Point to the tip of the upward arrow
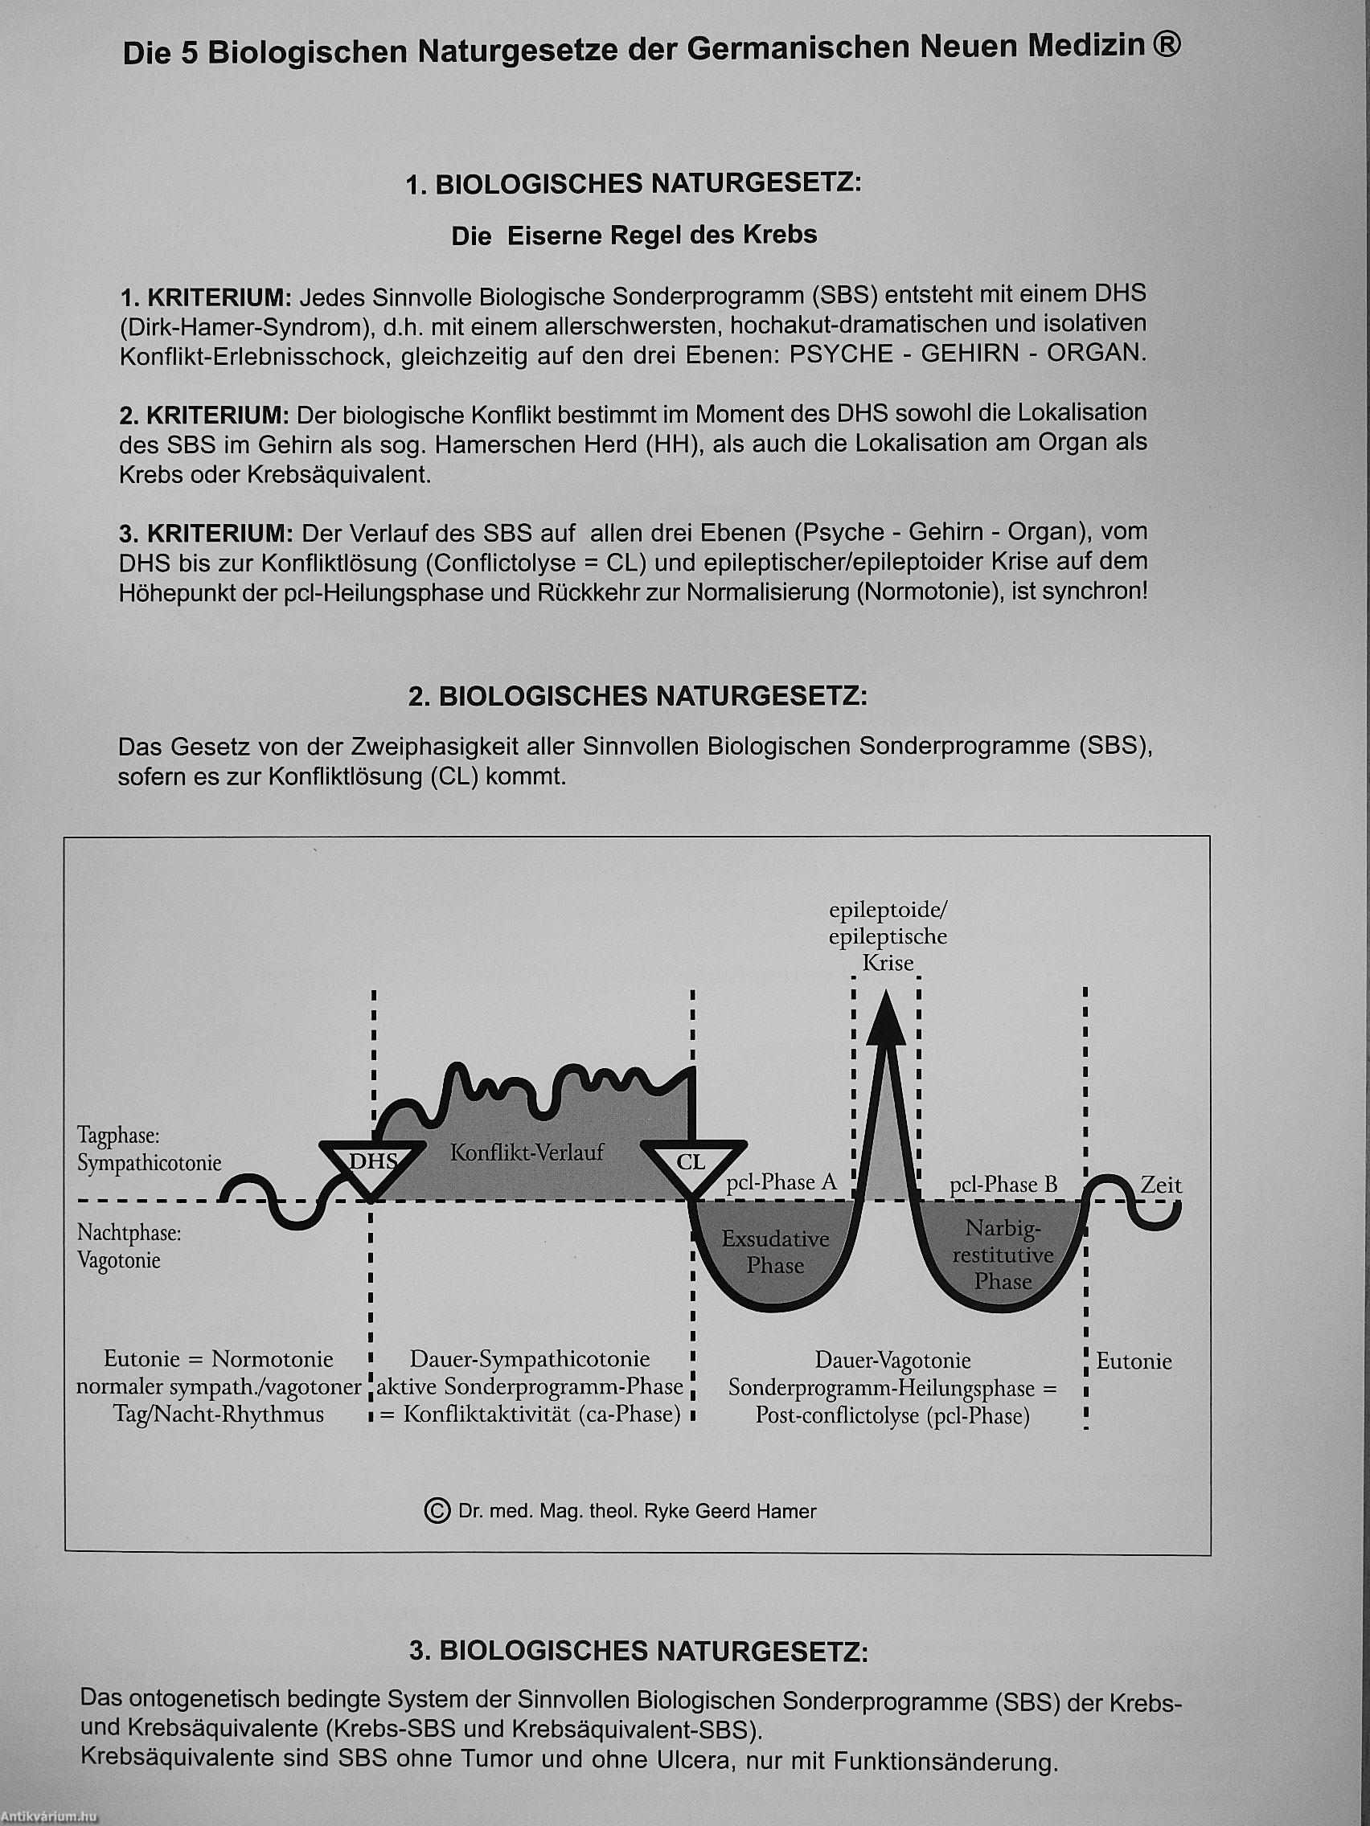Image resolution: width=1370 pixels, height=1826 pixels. (x=885, y=996)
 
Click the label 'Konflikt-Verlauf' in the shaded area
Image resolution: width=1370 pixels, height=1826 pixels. (x=527, y=1153)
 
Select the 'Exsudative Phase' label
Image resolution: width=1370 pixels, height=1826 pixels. (x=774, y=1252)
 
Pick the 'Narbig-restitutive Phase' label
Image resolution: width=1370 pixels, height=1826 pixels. (x=1003, y=1255)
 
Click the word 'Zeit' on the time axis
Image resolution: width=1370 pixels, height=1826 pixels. (x=1160, y=1185)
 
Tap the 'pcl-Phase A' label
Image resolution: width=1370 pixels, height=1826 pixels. (x=781, y=1183)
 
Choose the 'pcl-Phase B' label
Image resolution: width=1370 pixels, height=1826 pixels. (x=1003, y=1185)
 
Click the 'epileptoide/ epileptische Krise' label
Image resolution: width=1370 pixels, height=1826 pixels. (x=888, y=936)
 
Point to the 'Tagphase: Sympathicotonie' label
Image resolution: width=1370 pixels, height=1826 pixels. (x=150, y=1148)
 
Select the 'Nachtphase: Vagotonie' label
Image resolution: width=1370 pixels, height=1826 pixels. (x=129, y=1247)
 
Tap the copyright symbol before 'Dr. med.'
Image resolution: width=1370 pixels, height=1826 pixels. (x=436, y=1511)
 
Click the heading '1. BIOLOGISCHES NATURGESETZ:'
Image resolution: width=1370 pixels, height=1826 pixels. (x=634, y=183)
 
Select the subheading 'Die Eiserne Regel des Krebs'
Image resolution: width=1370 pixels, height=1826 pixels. (x=634, y=236)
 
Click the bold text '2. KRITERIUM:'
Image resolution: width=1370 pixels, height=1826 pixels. (x=204, y=414)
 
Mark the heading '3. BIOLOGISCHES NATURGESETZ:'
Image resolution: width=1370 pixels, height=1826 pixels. (x=638, y=1651)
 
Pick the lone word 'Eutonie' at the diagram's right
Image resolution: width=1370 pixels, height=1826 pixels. (x=1134, y=1361)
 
